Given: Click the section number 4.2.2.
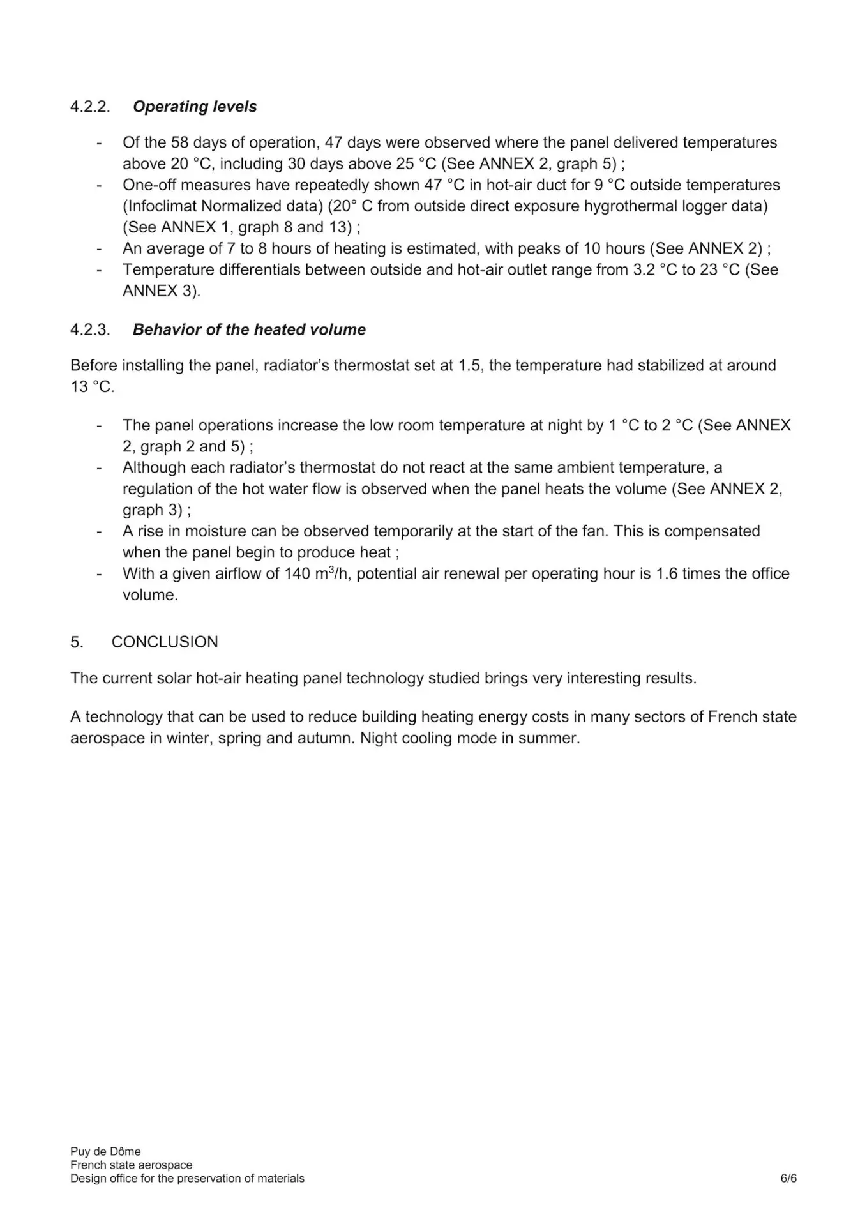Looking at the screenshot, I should click(90, 107).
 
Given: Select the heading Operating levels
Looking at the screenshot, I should click(195, 107).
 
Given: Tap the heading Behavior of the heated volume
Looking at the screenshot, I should click(249, 329).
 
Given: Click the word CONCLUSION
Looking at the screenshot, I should click(165, 642).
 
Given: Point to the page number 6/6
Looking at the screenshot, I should click(788, 1178).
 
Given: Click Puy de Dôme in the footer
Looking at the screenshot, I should click(105, 1151).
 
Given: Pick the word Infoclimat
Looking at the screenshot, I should click(162, 206).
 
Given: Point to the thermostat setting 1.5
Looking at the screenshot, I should click(470, 365).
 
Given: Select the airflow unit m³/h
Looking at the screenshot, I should click(331, 573).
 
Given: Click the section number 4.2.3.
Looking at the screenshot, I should click(90, 329).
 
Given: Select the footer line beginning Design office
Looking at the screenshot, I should click(187, 1178).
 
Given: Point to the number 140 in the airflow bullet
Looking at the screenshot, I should click(298, 573).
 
